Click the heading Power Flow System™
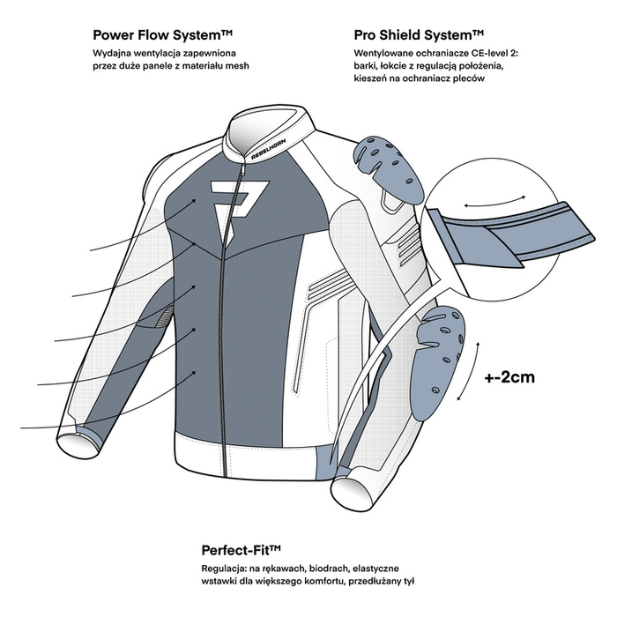coord(162,35)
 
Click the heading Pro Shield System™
coord(419,35)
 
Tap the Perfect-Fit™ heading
coord(242,550)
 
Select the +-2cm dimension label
coord(509,377)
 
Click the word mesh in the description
coord(237,66)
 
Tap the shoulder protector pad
coord(388,167)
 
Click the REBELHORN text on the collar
coord(269,149)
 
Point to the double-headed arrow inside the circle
coord(494,201)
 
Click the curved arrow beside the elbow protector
coord(469,372)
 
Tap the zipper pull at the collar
coord(242,169)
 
